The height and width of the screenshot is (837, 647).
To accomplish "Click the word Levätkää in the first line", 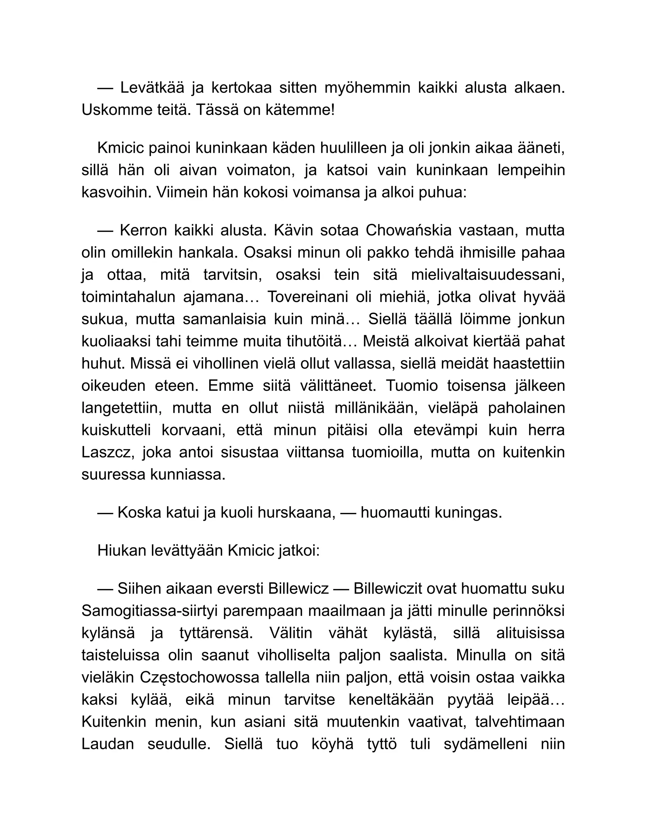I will tap(152, 88).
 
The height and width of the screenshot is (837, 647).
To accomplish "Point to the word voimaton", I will tap(261, 170).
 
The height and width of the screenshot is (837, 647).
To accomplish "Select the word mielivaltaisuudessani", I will tap(487, 275).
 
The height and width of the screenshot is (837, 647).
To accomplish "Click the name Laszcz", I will tap(107, 453).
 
